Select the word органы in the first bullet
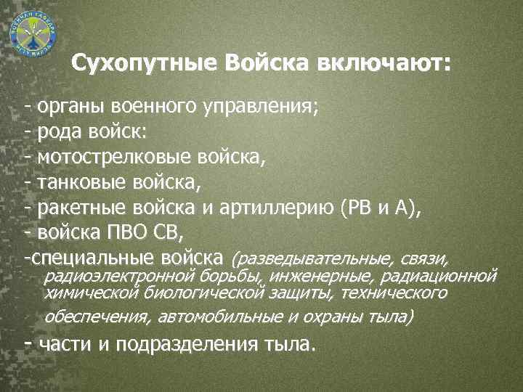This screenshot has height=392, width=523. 70,109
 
